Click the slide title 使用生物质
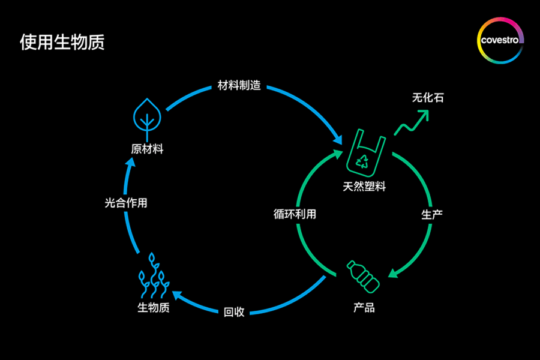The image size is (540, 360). click(x=62, y=43)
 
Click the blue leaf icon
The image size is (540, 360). click(x=146, y=115)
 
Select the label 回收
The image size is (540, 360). click(x=234, y=312)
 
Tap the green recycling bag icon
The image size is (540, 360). click(x=364, y=154)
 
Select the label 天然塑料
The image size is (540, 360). click(x=364, y=187)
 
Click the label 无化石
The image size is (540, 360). click(x=428, y=98)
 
